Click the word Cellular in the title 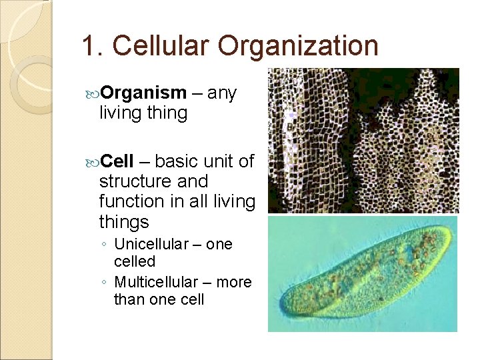click(x=162, y=46)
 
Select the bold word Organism click(x=143, y=93)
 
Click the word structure click(x=135, y=181)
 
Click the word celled click(x=134, y=261)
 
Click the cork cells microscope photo click(x=363, y=140)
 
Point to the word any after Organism click(x=222, y=93)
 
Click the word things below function click(x=124, y=221)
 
